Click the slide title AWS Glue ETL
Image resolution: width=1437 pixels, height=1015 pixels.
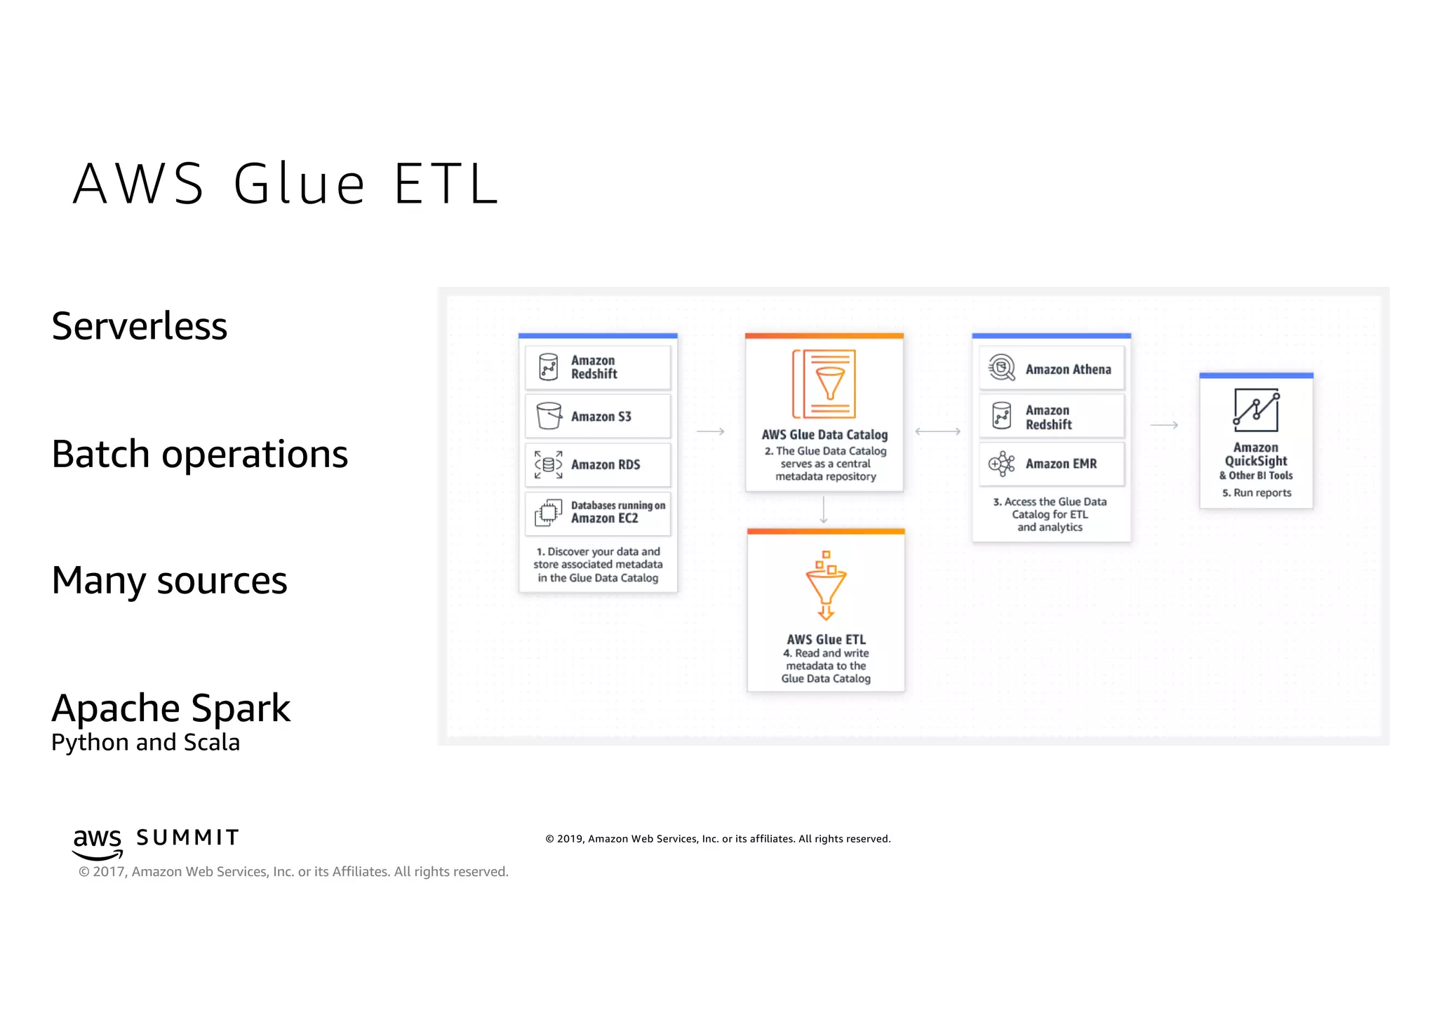pos(286,184)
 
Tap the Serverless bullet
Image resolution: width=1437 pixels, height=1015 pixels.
pos(139,326)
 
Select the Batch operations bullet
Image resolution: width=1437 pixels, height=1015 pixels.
pos(199,454)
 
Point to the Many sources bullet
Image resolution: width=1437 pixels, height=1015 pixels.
pos(169,581)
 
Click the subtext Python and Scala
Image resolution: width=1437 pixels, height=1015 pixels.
pos(145,742)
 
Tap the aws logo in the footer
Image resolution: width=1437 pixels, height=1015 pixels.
pos(98,842)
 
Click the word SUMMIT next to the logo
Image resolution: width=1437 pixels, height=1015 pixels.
pos(187,838)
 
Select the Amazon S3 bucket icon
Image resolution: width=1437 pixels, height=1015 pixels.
pos(549,416)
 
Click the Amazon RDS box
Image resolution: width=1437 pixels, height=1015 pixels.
pos(598,464)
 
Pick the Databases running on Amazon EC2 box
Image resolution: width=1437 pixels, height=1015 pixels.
pos(598,513)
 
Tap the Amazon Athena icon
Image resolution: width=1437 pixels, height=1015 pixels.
pos(1002,368)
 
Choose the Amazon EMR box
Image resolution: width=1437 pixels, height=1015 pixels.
pos(1051,464)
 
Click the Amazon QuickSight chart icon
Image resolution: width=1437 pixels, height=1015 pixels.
pos(1256,411)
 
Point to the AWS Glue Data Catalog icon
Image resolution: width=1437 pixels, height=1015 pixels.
pos(824,384)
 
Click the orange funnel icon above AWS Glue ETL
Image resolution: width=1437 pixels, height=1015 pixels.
pos(826,586)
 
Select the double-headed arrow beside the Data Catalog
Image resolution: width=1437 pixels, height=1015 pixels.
pos(937,431)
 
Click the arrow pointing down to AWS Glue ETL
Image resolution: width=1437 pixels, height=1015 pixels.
pos(824,510)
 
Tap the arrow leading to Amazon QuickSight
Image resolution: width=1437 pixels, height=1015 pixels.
pos(1164,425)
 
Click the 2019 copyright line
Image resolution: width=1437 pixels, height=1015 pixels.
pos(718,839)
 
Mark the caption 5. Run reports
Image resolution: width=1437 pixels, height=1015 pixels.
pos(1256,493)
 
